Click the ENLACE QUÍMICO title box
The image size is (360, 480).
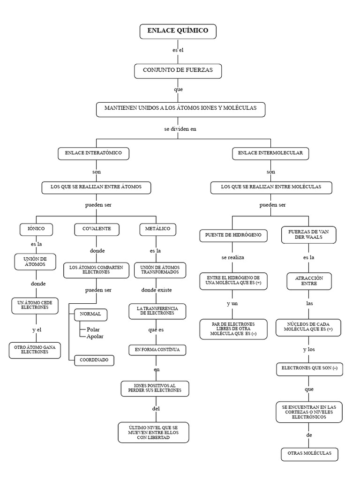coord(178,31)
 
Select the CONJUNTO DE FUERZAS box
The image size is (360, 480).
coord(178,71)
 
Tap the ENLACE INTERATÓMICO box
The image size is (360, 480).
coord(93,153)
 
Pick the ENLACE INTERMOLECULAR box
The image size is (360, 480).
coord(270,153)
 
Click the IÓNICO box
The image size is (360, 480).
coord(36,230)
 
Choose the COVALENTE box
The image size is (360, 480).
coord(97,230)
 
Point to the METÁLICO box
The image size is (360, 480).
coord(157,230)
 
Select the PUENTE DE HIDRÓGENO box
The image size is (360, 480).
coord(233,236)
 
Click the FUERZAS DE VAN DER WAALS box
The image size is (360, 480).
coord(308,235)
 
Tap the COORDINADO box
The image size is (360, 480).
coord(94,360)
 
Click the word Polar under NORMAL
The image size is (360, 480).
coord(93,330)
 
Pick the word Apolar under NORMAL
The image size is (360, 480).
coord(95,337)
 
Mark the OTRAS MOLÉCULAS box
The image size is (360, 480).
coord(309,454)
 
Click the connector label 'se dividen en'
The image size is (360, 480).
coord(180,129)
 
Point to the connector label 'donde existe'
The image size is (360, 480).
coord(157,290)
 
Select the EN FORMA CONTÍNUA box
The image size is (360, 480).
coord(157,350)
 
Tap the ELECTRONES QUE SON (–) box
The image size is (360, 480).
coord(309,369)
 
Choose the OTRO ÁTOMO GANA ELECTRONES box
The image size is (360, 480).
coord(35,350)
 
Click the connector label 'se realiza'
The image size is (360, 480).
coord(232,257)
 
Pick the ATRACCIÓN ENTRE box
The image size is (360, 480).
coord(309,281)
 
